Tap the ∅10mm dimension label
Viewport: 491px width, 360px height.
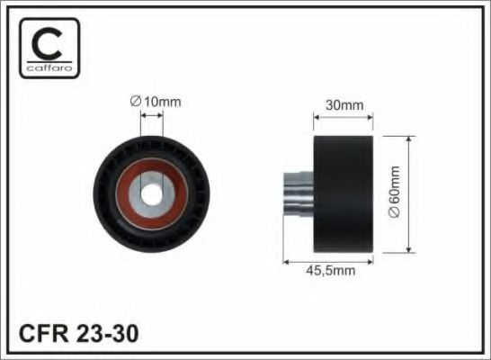click(156, 102)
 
